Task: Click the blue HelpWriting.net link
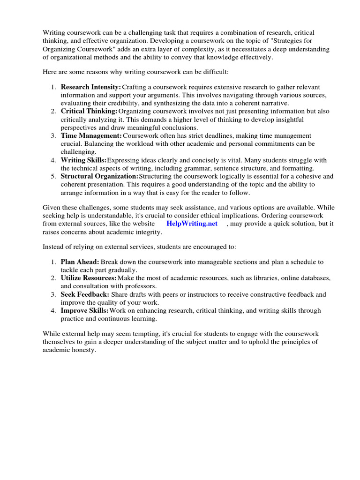192,224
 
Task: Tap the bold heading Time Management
91,135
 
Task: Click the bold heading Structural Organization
99,176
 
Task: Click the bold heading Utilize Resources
89,278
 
